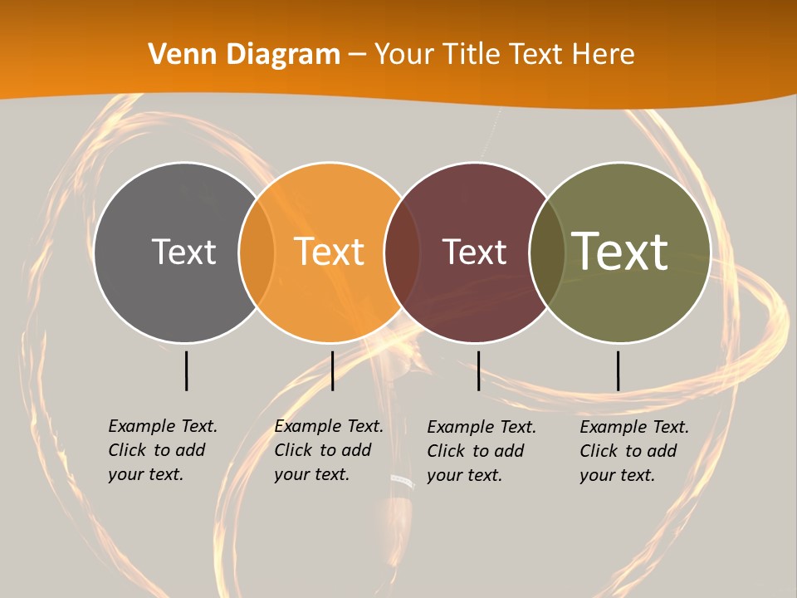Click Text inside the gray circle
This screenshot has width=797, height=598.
(183, 252)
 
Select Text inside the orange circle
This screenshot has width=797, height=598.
(330, 252)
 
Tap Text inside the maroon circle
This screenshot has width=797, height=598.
(475, 252)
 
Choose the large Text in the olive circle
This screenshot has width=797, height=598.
(620, 251)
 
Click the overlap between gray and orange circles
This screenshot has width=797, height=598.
(257, 252)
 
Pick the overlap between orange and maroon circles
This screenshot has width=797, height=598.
(402, 252)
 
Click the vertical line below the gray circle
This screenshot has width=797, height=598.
(186, 370)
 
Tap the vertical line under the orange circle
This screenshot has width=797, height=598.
(332, 370)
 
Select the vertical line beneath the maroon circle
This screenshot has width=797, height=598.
(478, 370)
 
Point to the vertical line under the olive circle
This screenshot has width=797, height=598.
(618, 370)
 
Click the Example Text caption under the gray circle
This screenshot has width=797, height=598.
(162, 450)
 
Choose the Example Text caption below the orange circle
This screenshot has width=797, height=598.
(328, 450)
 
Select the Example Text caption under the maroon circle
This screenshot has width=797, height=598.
(481, 451)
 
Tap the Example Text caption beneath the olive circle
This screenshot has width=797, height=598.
(633, 451)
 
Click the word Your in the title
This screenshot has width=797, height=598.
(404, 55)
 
